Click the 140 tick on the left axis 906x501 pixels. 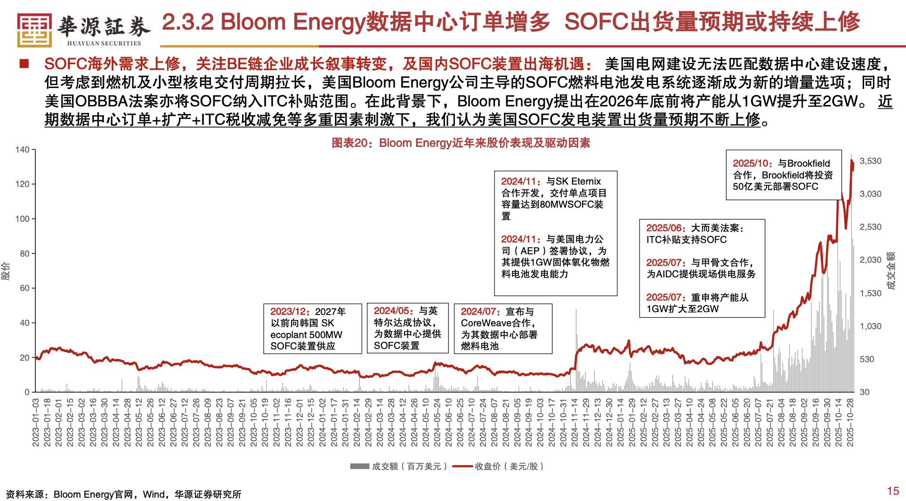(x=22, y=150)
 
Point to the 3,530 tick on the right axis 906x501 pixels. (x=870, y=161)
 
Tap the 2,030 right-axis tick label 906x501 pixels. (x=870, y=260)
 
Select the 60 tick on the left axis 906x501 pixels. (x=24, y=288)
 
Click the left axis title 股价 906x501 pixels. (x=6, y=271)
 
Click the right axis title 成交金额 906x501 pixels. (x=890, y=271)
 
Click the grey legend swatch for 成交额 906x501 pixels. (x=359, y=466)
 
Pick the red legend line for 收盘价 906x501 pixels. (x=462, y=466)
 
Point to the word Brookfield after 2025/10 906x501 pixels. (x=809, y=163)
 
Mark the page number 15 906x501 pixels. (x=893, y=491)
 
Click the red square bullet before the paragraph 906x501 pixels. (x=24, y=64)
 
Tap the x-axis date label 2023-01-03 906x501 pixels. (x=36, y=422)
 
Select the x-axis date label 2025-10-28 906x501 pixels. (x=850, y=422)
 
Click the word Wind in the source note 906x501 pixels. (x=154, y=494)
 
